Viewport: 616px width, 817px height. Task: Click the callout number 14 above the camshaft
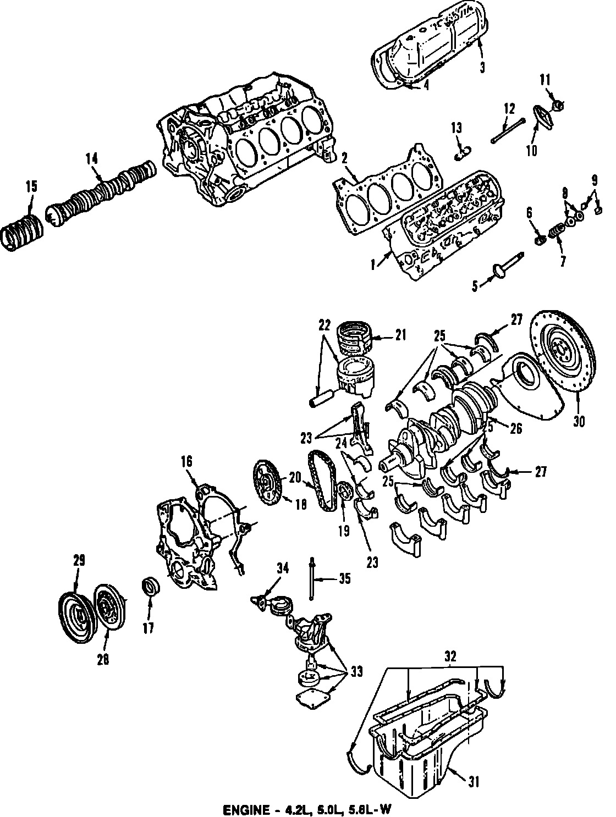coord(91,159)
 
